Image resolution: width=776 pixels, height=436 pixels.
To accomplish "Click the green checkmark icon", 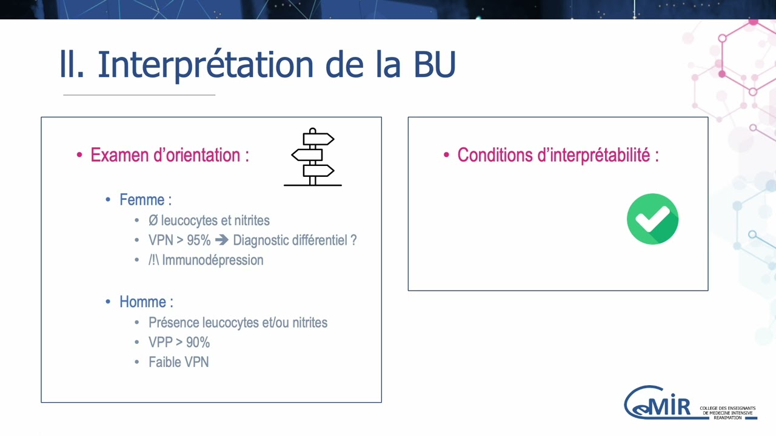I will (652, 219).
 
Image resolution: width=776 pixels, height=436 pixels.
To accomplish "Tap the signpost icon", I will (313, 157).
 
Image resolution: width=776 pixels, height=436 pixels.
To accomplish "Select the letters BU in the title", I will (434, 64).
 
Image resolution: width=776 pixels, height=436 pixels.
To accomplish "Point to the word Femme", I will (142, 200).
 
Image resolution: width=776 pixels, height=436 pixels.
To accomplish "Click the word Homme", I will (142, 302).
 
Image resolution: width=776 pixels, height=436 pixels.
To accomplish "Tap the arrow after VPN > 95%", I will (222, 240).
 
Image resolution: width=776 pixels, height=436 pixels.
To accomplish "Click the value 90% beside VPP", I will (198, 343).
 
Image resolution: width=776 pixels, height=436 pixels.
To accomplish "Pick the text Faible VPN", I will (179, 362).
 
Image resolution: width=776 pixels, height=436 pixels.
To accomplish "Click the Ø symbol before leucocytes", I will (153, 220).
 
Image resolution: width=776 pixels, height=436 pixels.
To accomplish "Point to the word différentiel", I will (319, 240).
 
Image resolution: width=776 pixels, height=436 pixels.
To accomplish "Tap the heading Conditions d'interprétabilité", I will (558, 155).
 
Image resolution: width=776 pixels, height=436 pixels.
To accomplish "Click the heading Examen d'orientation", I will (169, 155).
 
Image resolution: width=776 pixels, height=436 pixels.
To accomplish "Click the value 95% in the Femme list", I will (198, 240).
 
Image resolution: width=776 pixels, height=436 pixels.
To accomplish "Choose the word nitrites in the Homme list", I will (310, 323).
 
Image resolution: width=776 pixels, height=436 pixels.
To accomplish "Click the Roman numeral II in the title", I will (72, 64).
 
